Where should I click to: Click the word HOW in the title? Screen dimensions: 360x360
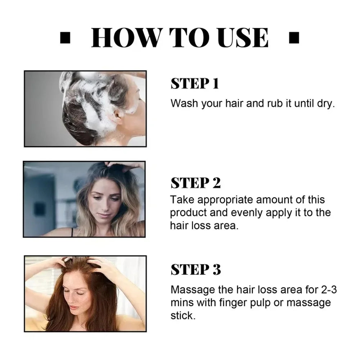point(127,37)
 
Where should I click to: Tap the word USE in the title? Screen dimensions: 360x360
point(243,37)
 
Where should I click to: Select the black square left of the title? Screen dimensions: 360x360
point(65,38)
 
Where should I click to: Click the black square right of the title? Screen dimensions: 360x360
point(294,38)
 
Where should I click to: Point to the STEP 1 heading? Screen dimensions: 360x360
point(195,84)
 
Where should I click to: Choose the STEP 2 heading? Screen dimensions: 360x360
point(195,183)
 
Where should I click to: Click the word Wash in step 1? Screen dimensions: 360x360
point(184,103)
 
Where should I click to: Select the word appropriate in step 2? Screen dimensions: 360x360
point(225,200)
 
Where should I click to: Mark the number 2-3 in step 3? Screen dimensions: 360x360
point(329,289)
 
